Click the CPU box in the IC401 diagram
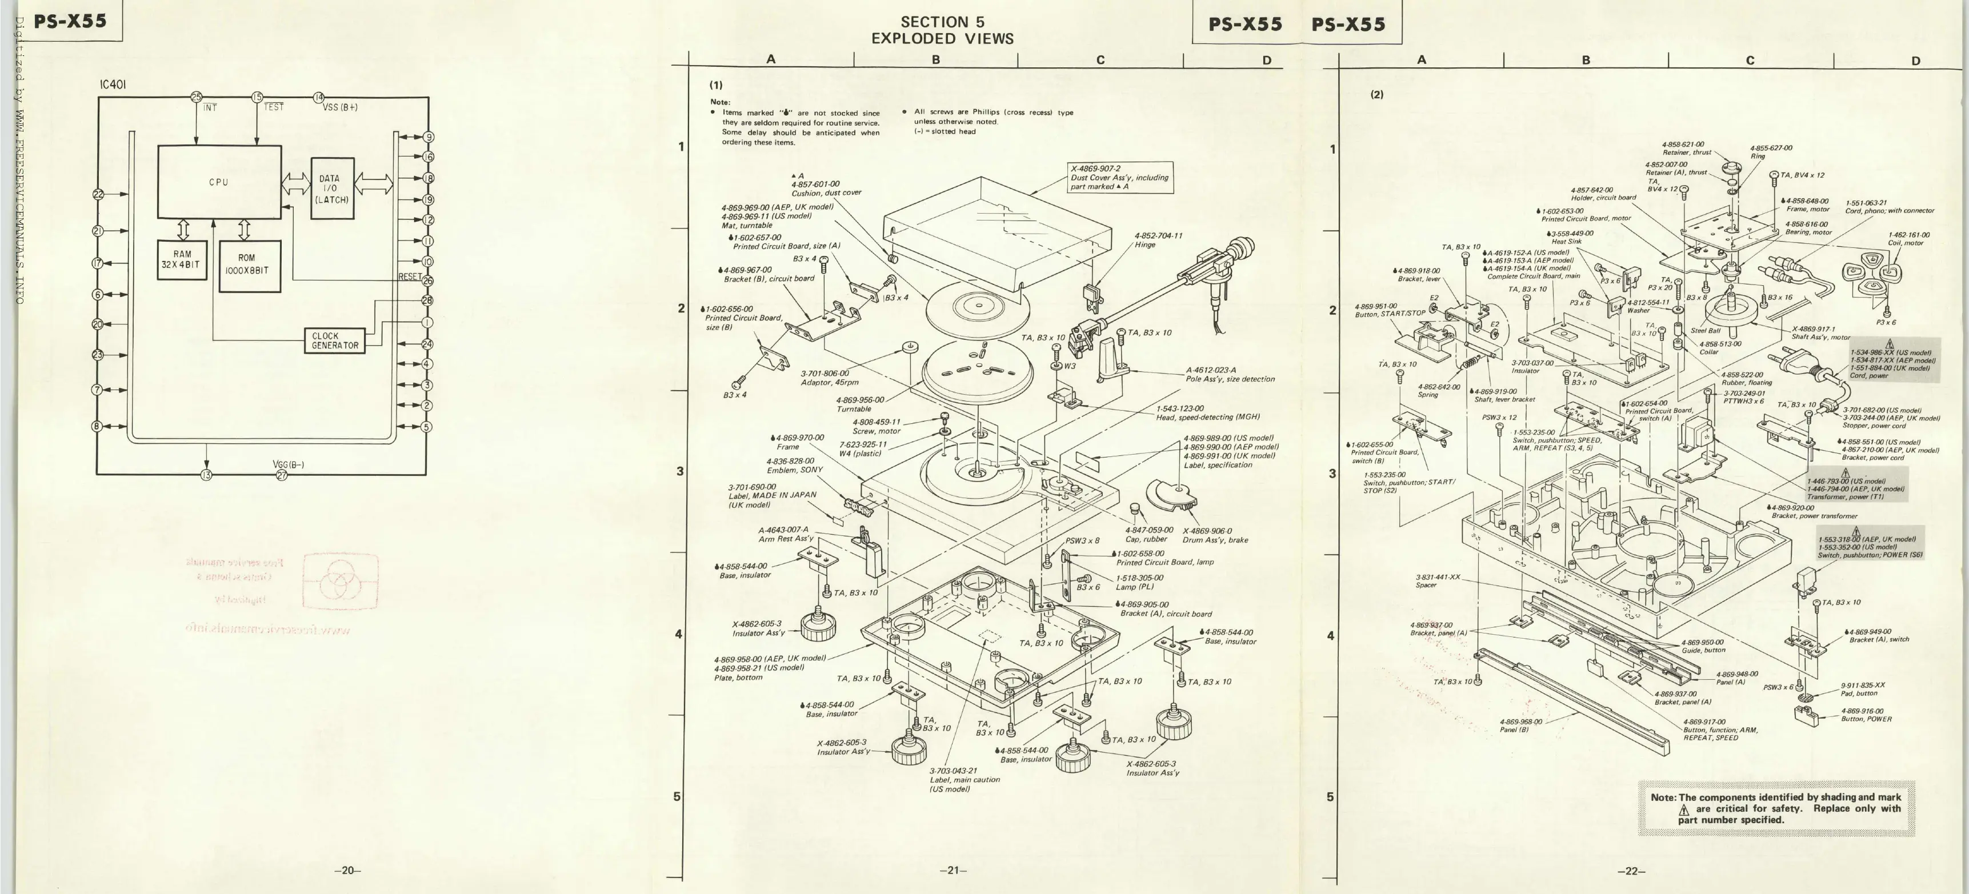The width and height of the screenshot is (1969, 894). pyautogui.click(x=219, y=182)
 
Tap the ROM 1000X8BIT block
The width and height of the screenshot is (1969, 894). pyautogui.click(x=249, y=265)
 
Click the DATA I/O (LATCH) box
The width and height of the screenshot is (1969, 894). pyautogui.click(x=333, y=189)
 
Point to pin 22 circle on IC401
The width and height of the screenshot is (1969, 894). pyautogui.click(x=98, y=194)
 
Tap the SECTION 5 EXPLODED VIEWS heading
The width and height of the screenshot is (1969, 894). pyautogui.click(x=942, y=31)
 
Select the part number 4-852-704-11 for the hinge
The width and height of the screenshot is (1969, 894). pyautogui.click(x=1158, y=236)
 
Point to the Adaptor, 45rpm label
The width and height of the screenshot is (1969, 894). pyautogui.click(x=829, y=382)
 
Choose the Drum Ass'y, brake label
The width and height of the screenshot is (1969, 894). pyautogui.click(x=1215, y=540)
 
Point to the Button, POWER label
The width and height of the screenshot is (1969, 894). pyautogui.click(x=1867, y=719)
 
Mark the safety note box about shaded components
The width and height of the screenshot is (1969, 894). pyautogui.click(x=1776, y=808)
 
